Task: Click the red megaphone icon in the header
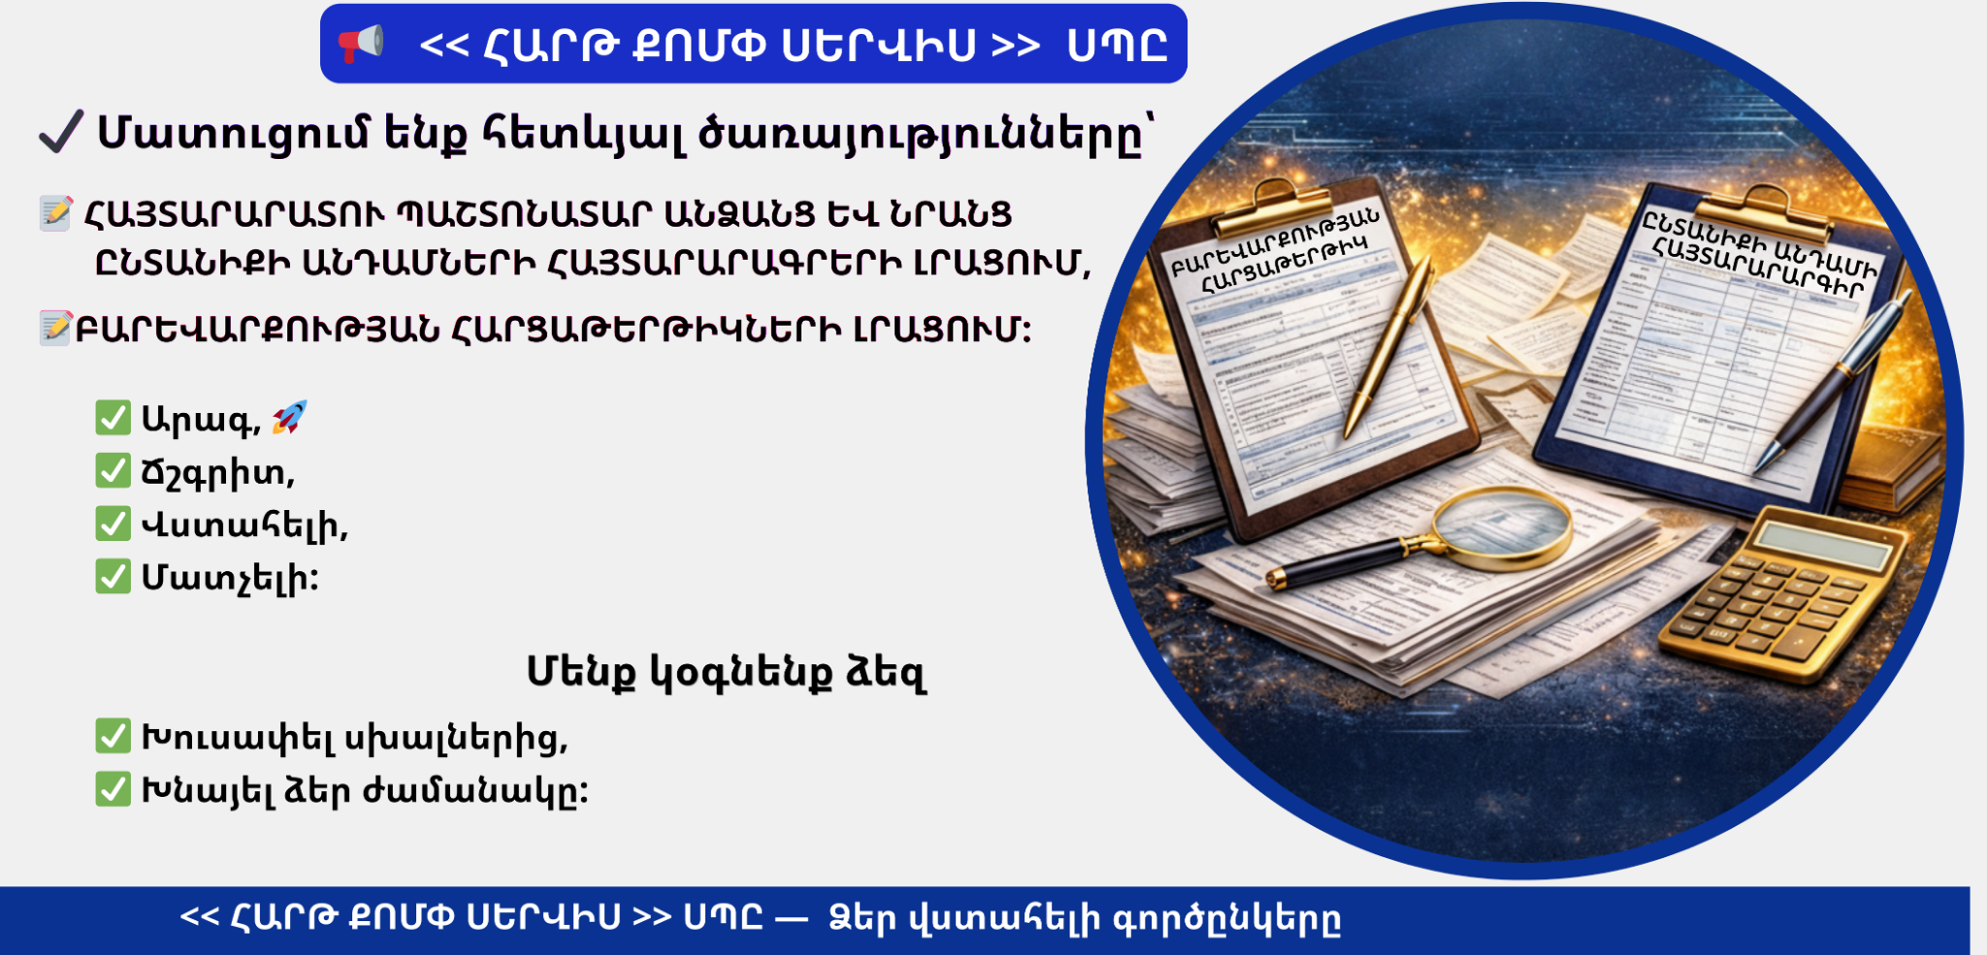[x=360, y=44]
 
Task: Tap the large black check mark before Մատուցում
[x=61, y=132]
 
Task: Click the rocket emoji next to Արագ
[x=289, y=417]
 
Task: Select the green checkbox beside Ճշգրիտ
[x=114, y=471]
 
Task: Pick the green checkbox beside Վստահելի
[x=114, y=524]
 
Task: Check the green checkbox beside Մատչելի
[x=114, y=576]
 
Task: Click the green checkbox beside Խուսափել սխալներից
[x=114, y=736]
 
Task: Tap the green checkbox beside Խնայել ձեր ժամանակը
[x=114, y=789]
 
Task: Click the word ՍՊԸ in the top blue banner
[x=1117, y=46]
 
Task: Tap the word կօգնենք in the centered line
[x=741, y=672]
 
